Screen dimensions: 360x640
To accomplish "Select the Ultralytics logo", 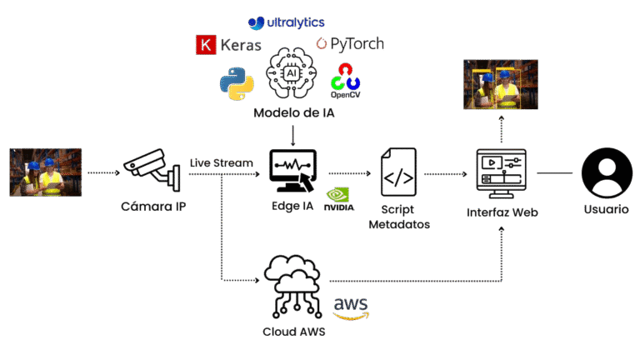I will point(287,22).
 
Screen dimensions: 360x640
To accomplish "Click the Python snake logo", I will point(236,84).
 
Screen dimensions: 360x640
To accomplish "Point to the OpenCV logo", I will point(345,81).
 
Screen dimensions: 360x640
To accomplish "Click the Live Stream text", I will point(221,162).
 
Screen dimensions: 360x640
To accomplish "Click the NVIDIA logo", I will point(336,199).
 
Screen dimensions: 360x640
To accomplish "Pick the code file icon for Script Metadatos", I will point(398,172).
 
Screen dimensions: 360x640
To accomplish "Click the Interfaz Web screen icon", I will point(501,172).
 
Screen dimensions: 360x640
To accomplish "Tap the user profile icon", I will point(605,172).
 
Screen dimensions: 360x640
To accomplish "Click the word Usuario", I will point(605,209).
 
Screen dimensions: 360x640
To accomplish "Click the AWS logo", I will point(350,308).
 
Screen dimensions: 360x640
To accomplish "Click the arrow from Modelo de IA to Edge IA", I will point(292,133).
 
